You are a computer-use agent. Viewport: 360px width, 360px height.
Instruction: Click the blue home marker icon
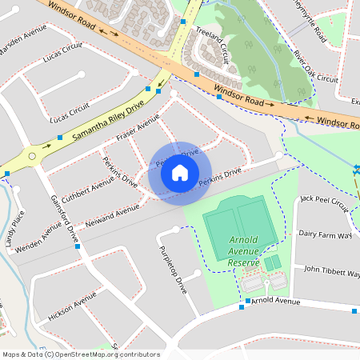click(x=180, y=172)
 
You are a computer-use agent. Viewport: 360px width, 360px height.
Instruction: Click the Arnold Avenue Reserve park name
click(x=244, y=251)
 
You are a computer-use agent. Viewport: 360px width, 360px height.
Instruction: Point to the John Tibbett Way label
click(x=330, y=272)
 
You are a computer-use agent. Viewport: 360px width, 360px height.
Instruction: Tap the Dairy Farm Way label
click(x=325, y=234)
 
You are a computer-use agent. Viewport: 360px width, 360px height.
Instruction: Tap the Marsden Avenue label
click(x=23, y=39)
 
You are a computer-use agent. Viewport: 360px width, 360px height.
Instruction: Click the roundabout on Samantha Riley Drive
click(x=33, y=156)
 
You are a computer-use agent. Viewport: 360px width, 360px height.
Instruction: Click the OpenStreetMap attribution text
click(x=80, y=354)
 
